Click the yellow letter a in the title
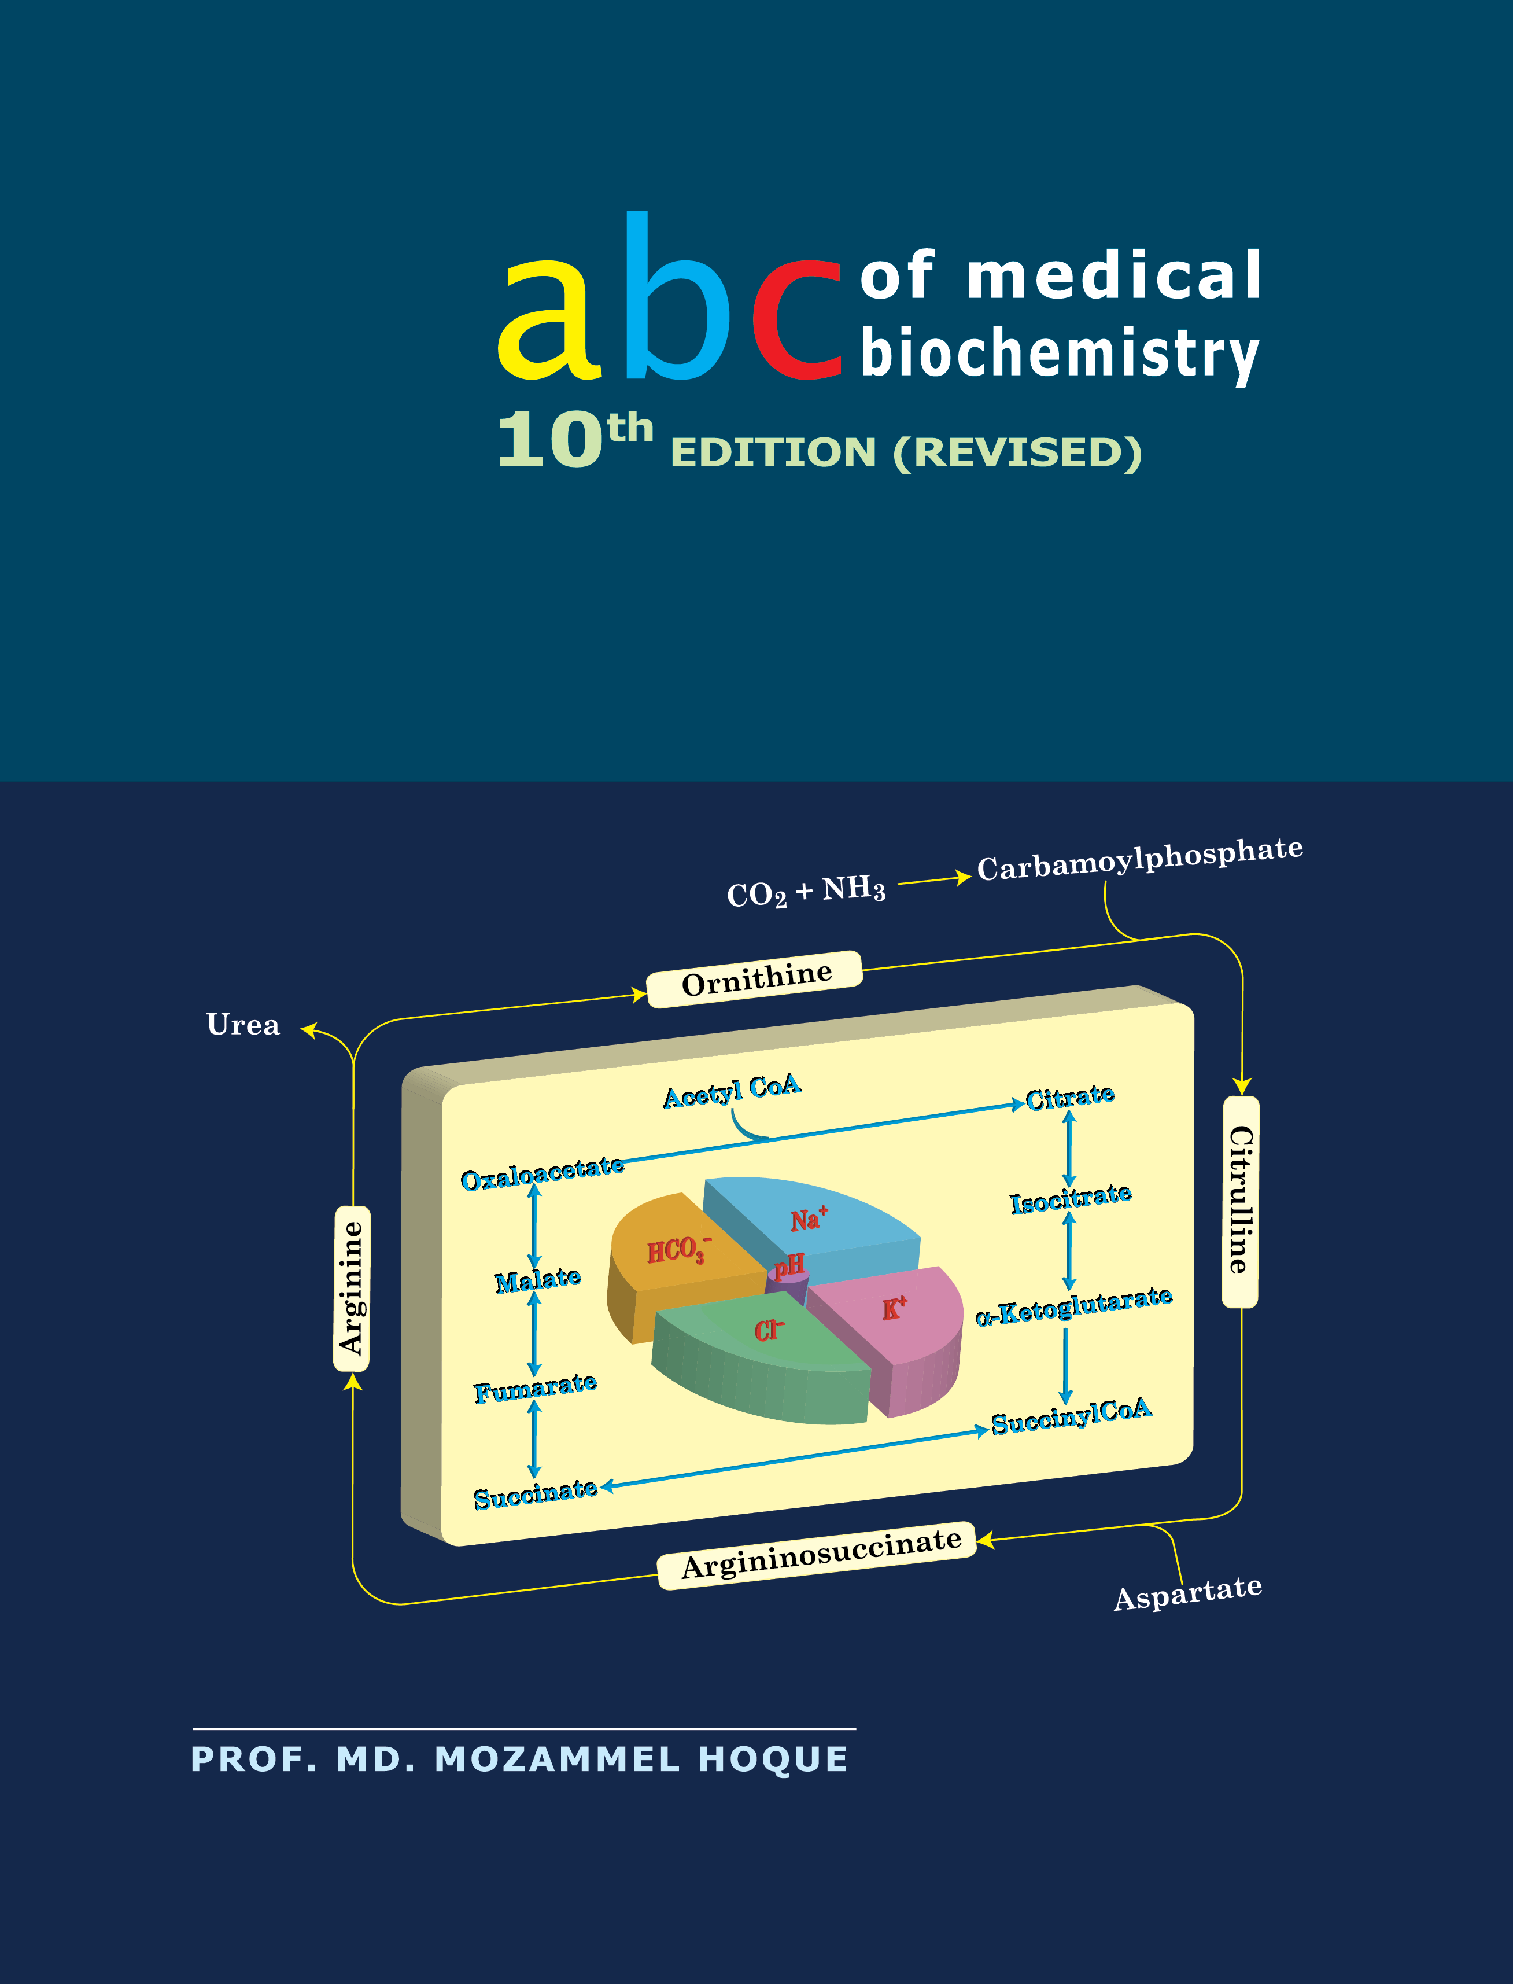pyautogui.click(x=549, y=320)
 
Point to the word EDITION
pyautogui.click(x=773, y=452)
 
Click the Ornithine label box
pyautogui.click(x=755, y=978)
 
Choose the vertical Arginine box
pyautogui.click(x=351, y=1289)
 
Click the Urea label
pyautogui.click(x=243, y=1025)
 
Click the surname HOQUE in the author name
pyautogui.click(x=773, y=1759)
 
